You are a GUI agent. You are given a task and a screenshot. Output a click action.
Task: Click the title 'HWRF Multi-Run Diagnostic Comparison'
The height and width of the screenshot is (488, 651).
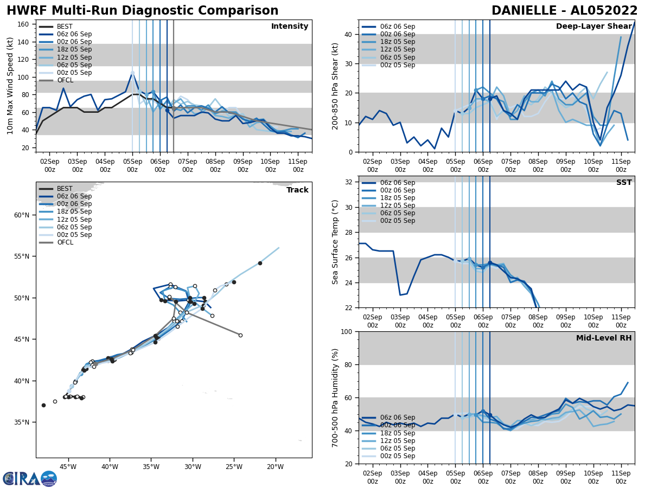pyautogui.click(x=142, y=11)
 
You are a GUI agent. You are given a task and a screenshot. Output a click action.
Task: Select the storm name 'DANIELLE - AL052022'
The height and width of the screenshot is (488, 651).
pyautogui.click(x=564, y=11)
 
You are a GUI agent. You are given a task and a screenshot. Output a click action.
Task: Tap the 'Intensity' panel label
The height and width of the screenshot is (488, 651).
pyautogui.click(x=290, y=27)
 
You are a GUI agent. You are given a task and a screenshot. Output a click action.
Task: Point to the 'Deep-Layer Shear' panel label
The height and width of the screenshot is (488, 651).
pyautogui.click(x=593, y=27)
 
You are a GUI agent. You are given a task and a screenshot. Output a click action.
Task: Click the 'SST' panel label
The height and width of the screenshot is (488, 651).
pyautogui.click(x=624, y=183)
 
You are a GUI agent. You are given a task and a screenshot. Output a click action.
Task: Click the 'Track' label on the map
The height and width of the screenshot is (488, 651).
pyautogui.click(x=297, y=190)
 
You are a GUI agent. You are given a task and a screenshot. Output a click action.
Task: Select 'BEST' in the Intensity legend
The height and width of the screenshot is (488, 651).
pyautogui.click(x=65, y=27)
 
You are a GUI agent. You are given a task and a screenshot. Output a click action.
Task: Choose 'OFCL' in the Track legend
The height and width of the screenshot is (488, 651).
pyautogui.click(x=65, y=242)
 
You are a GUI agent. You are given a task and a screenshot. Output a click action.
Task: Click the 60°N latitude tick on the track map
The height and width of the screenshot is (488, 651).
pyautogui.click(x=22, y=215)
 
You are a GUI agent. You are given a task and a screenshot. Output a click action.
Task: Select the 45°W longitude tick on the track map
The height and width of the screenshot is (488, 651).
pyautogui.click(x=68, y=466)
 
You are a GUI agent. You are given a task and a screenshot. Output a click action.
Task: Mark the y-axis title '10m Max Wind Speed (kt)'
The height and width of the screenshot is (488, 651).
pyautogui.click(x=10, y=86)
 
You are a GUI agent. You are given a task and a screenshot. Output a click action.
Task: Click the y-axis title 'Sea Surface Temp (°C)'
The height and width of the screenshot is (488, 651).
pyautogui.click(x=336, y=242)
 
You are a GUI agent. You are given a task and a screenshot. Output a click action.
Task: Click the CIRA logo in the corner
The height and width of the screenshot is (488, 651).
pyautogui.click(x=30, y=478)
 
